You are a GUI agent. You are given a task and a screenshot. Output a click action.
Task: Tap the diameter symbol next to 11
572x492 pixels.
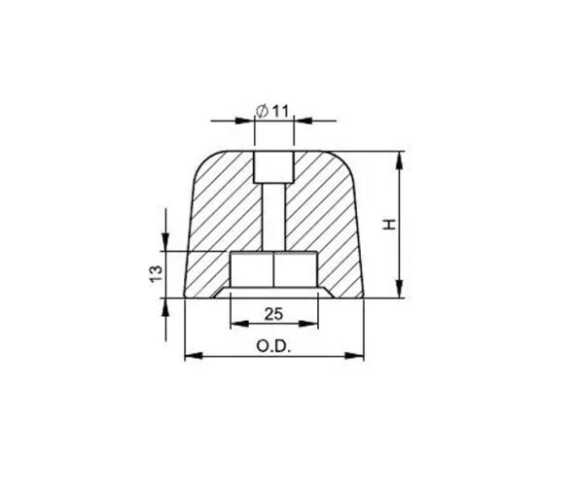(x=263, y=111)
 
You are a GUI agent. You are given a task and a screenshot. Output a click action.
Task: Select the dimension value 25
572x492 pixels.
(x=273, y=314)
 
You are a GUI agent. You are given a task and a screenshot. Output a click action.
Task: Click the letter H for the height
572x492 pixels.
(x=388, y=225)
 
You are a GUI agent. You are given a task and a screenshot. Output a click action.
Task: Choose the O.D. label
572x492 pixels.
(x=273, y=345)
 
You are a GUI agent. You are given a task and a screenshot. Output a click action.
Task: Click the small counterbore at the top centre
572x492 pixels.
(x=273, y=167)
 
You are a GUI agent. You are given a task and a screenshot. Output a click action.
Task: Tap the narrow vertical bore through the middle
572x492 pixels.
(x=273, y=218)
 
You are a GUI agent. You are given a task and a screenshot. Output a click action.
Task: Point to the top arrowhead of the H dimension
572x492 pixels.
(x=400, y=158)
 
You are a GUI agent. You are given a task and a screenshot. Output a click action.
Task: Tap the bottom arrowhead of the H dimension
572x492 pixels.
(x=400, y=292)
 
